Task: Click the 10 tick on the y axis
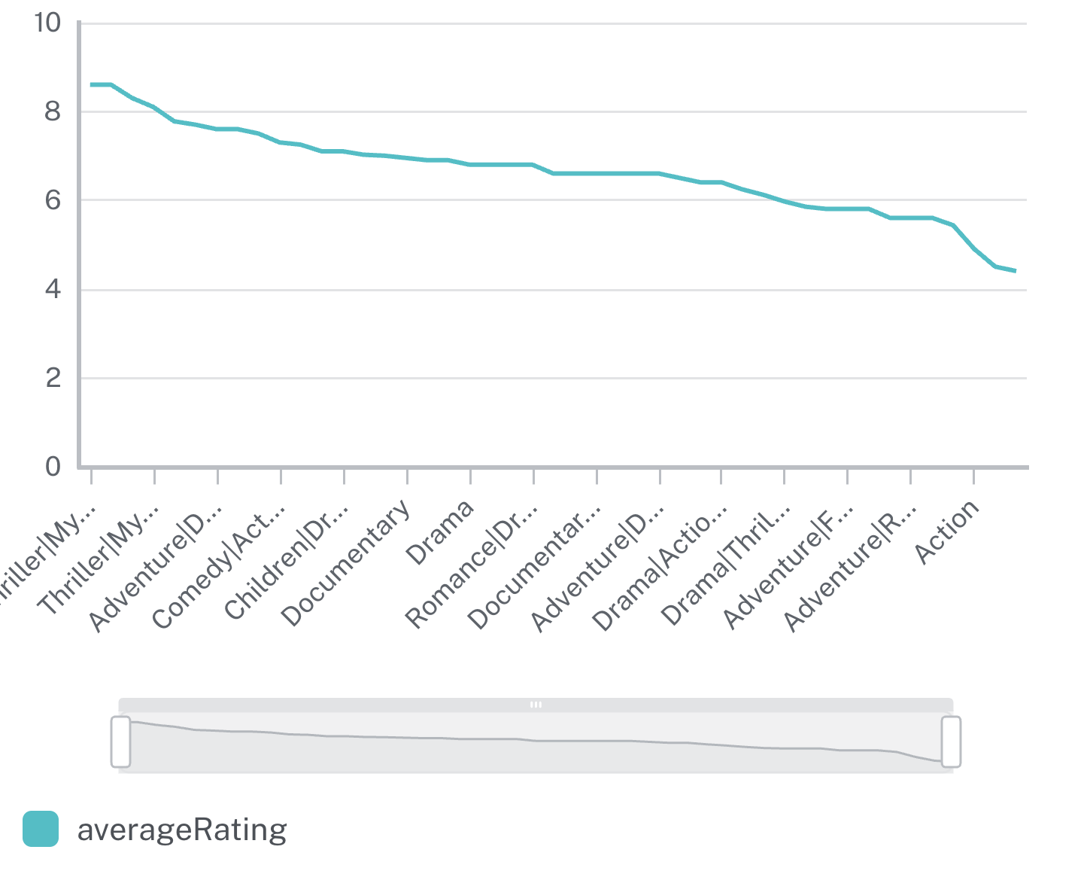[47, 23]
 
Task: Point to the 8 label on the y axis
[52, 112]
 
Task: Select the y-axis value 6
[52, 200]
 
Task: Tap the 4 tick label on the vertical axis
[52, 290]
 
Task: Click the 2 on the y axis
[52, 378]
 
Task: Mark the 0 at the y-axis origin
[52, 467]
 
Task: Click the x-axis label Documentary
[348, 562]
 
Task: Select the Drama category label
[440, 531]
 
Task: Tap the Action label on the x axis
[948, 531]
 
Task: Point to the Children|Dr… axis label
[287, 562]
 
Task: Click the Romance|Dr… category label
[472, 565]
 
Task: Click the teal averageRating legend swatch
[41, 829]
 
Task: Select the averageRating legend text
[182, 829]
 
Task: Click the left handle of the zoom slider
[120, 742]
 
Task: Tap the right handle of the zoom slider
[951, 742]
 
